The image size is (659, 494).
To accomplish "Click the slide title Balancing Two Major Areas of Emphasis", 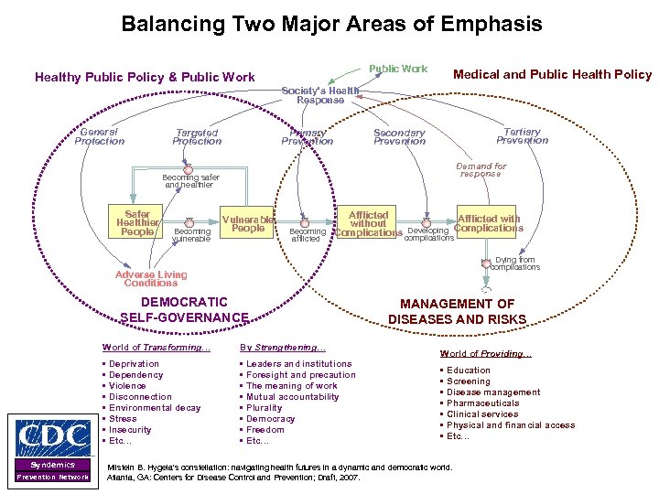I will [x=331, y=23].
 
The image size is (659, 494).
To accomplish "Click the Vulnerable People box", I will [x=248, y=223].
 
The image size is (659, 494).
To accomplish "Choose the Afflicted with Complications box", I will [x=488, y=223].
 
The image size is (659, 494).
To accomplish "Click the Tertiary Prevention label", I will [x=522, y=136].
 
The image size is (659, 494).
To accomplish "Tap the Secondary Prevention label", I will [x=399, y=137].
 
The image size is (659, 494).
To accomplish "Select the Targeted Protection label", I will [x=197, y=137].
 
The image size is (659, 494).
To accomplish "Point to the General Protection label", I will [x=99, y=136].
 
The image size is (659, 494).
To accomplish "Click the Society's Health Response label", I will [x=314, y=95].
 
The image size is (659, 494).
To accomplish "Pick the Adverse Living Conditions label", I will [x=151, y=278].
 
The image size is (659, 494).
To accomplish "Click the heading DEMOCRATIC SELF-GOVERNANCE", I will [x=184, y=309].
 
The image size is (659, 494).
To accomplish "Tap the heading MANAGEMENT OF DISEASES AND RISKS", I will [x=457, y=311].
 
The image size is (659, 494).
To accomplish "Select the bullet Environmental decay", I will [x=154, y=408].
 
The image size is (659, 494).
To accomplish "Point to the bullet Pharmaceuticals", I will [x=482, y=403].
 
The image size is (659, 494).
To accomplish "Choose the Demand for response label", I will [x=481, y=170].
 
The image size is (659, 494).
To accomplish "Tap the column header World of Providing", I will [x=485, y=354].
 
